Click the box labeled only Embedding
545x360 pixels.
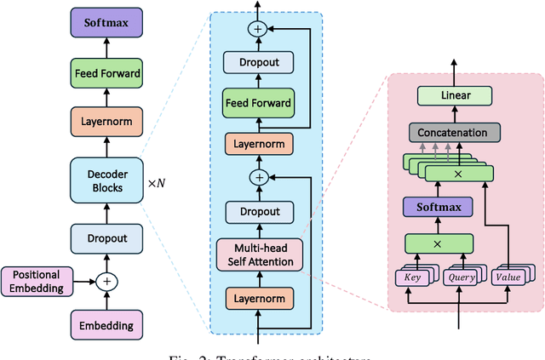point(106,324)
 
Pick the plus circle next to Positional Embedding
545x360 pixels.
point(106,280)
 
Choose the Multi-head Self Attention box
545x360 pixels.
point(258,254)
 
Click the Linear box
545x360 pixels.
point(456,95)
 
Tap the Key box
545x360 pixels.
point(413,276)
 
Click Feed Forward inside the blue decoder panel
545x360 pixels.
point(258,103)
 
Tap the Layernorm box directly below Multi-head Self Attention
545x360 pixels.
point(258,298)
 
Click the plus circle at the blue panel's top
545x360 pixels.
point(258,28)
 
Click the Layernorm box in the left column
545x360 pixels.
point(106,119)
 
